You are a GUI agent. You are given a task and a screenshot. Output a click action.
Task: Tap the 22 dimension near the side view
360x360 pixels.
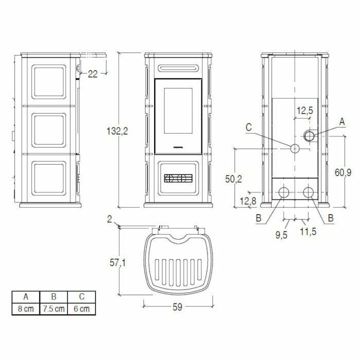93,74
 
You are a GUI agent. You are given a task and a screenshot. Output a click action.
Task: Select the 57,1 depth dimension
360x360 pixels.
118,263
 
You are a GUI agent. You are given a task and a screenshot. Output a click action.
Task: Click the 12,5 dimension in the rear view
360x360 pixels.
305,110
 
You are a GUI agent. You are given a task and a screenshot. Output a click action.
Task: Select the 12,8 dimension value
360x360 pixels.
247,201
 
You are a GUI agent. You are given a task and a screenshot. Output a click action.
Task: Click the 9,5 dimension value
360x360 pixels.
281,235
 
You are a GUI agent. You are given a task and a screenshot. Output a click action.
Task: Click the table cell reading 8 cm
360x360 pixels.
26,309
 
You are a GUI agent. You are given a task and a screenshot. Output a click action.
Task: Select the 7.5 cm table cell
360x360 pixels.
54,309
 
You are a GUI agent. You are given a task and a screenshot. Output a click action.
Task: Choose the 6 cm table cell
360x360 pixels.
81,309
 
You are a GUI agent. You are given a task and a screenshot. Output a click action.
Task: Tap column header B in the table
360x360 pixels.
54,297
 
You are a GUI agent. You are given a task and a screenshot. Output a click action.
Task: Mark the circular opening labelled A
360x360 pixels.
309,136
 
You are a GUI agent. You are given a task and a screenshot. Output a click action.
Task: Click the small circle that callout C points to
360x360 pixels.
295,148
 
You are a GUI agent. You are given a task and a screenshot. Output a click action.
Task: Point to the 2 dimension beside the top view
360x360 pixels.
110,220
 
